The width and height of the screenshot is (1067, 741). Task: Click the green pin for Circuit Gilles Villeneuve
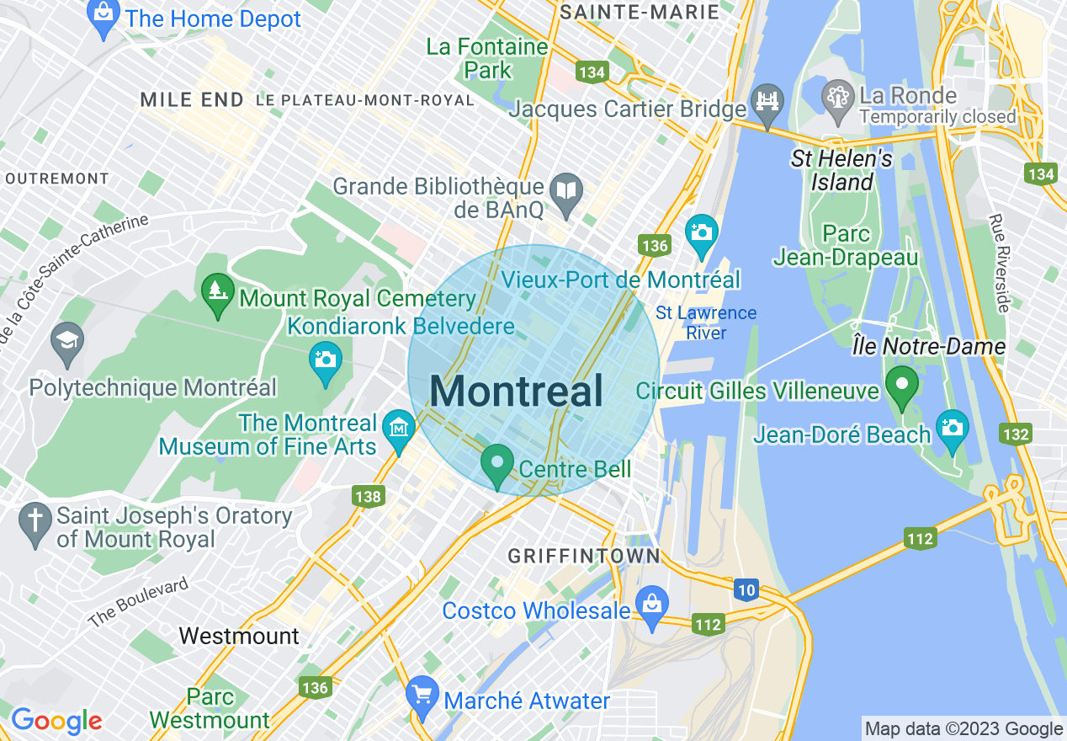(902, 386)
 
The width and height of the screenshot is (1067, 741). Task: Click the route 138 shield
(369, 497)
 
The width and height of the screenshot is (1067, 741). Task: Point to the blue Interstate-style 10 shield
(746, 590)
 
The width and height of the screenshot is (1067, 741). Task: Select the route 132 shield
(1017, 434)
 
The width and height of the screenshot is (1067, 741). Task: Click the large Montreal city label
(517, 392)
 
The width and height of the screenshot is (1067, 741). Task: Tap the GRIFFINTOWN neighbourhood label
(584, 557)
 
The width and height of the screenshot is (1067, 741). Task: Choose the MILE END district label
(192, 100)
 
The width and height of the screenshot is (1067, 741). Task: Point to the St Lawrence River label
(706, 323)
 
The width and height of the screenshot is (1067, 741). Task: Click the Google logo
(56, 721)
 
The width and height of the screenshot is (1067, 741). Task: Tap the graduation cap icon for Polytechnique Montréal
(67, 341)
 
